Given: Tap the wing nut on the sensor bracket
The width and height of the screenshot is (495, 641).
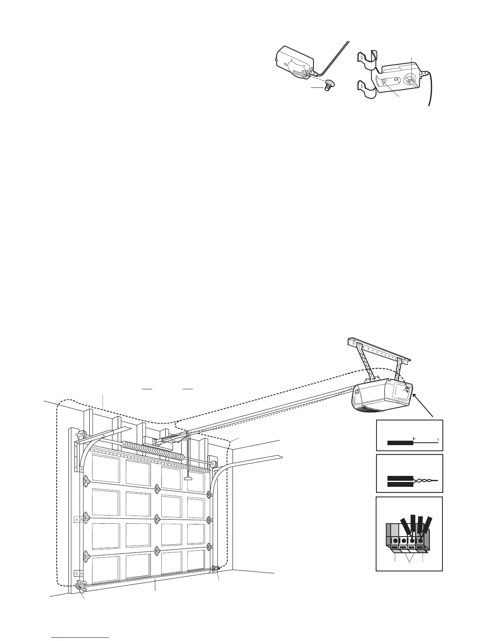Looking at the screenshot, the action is coord(411,80).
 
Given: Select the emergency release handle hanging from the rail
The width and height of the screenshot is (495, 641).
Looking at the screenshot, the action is coord(187,479).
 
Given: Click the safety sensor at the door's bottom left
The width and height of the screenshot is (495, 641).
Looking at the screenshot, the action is coord(80,585).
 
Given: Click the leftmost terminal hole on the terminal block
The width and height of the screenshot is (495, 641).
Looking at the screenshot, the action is coord(395,541).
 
